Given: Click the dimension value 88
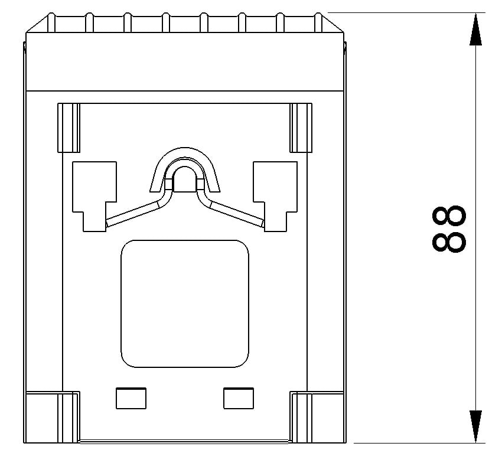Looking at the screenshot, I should [x=449, y=229].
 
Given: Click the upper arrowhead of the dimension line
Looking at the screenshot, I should [x=475, y=31].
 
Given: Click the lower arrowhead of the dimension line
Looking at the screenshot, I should [x=475, y=425].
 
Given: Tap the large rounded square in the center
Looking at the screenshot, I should [x=184, y=304].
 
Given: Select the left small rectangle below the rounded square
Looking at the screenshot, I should [x=131, y=398].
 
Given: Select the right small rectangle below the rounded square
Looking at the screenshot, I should [x=238, y=398].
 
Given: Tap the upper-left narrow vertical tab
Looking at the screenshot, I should [x=69, y=128].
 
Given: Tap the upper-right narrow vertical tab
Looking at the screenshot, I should [x=301, y=128].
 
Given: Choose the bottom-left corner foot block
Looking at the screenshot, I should [x=52, y=416].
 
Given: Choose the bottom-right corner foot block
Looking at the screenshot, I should [x=318, y=416].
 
